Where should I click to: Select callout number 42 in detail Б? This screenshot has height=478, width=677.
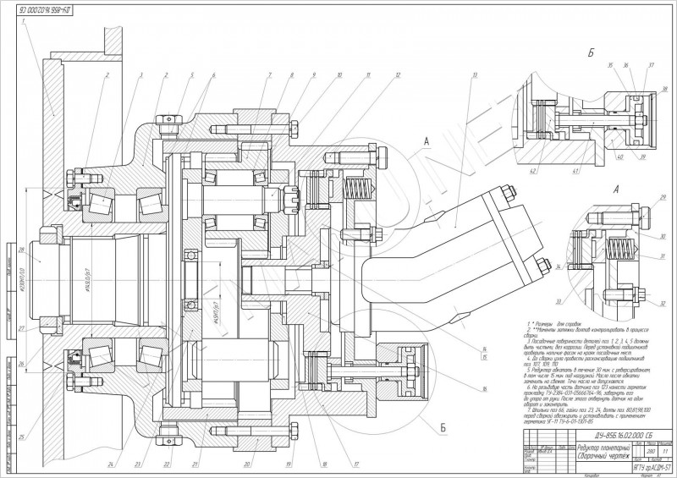tap(534, 173)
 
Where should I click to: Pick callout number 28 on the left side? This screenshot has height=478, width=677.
tap(22, 250)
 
